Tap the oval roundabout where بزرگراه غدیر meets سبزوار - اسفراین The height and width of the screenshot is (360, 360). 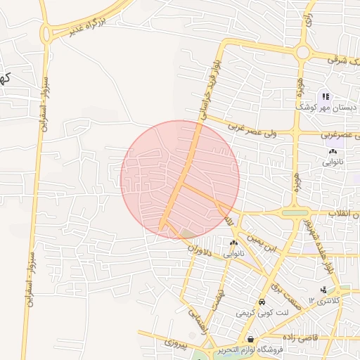(x=47, y=34)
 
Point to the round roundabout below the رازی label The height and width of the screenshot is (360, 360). (x=304, y=52)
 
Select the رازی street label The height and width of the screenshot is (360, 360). (x=308, y=25)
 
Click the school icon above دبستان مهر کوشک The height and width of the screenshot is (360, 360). (x=325, y=96)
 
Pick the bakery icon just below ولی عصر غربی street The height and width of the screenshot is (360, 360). (x=333, y=151)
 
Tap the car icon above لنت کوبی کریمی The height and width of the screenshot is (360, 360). (x=261, y=301)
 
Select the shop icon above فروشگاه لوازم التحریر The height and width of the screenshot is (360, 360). (x=250, y=339)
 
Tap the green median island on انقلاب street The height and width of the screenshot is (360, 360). (x=295, y=212)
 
